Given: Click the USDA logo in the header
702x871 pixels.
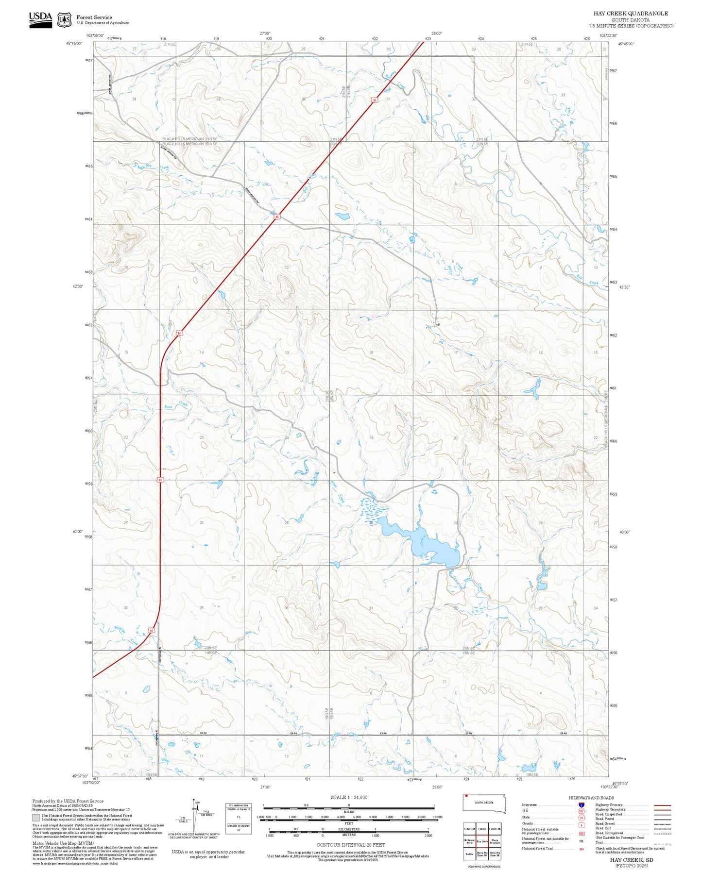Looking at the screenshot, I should [40, 19].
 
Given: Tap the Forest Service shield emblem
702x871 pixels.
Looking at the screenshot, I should [64, 20].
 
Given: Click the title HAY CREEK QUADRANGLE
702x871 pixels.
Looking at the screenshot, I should [630, 14].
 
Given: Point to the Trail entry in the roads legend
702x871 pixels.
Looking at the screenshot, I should [602, 842].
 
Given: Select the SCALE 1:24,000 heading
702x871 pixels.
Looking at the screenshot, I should [349, 797].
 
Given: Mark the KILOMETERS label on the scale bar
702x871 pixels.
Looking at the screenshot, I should [349, 829].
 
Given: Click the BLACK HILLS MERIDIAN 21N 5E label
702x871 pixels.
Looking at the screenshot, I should [189, 139].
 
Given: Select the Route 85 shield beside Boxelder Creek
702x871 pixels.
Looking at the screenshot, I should [151, 631].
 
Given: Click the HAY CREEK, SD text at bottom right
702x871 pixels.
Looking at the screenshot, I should [631, 860].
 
